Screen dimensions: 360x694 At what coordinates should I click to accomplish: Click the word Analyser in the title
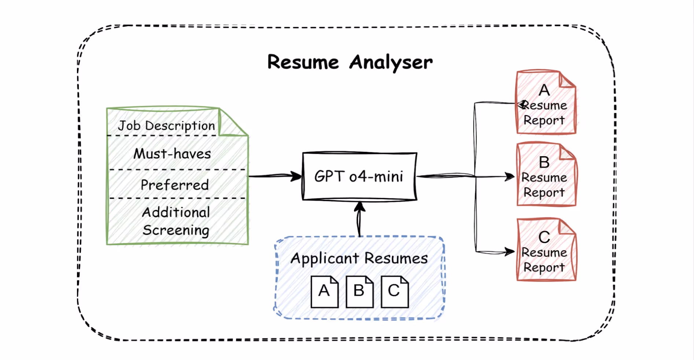tap(391, 62)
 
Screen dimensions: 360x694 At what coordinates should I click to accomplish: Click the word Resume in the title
tap(303, 62)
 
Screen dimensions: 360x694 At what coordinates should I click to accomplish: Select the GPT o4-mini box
tap(359, 176)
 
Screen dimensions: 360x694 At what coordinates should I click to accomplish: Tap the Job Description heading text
tap(166, 126)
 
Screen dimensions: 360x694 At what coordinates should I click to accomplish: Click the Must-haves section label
tap(172, 154)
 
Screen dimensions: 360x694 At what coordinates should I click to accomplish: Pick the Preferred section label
tap(175, 185)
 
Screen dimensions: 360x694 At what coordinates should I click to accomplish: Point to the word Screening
tap(176, 230)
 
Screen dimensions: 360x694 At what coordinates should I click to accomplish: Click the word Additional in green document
tap(176, 212)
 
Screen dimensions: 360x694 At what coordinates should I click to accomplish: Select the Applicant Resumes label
tap(359, 258)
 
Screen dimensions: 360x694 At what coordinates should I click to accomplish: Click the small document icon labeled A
tap(324, 291)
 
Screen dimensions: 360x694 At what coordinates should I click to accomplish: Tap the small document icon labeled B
tap(359, 291)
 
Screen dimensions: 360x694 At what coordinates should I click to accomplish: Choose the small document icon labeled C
tap(394, 291)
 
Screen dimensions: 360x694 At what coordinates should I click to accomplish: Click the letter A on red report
tap(544, 90)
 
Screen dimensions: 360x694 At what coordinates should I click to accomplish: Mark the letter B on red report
tap(544, 162)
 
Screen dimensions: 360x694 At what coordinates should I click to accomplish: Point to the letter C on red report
tap(544, 237)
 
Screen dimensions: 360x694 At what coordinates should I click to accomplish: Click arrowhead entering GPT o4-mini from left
tap(296, 176)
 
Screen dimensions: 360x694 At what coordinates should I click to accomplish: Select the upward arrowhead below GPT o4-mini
tap(359, 206)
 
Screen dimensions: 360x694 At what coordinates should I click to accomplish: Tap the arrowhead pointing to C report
tap(509, 251)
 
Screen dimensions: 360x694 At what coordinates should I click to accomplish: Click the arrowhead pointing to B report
tap(509, 177)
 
